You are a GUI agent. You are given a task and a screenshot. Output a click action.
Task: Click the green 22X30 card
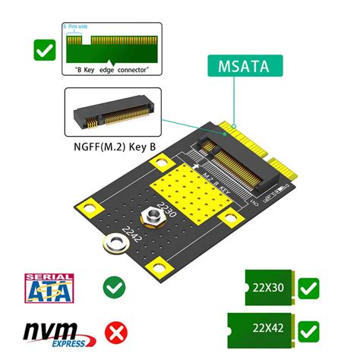click(x=270, y=289)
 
